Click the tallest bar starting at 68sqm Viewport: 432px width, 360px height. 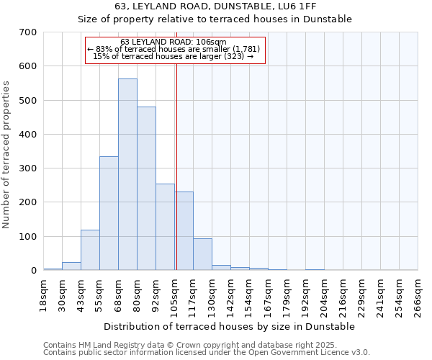point(127,174)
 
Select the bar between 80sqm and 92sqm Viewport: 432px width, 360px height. point(146,189)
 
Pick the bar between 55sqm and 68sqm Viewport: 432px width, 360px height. point(109,213)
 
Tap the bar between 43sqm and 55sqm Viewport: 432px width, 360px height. point(90,250)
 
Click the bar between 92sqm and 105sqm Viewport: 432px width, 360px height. point(165,227)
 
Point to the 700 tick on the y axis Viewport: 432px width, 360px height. point(27,32)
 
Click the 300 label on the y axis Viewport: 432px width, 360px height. point(27,168)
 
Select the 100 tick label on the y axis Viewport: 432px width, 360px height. point(27,237)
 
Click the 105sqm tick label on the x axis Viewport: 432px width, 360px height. point(175,294)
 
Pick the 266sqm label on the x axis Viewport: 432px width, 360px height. point(418,294)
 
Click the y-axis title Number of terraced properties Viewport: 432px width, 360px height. point(6,155)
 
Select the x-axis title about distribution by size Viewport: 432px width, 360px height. point(230,327)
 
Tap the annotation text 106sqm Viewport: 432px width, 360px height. point(213,42)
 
